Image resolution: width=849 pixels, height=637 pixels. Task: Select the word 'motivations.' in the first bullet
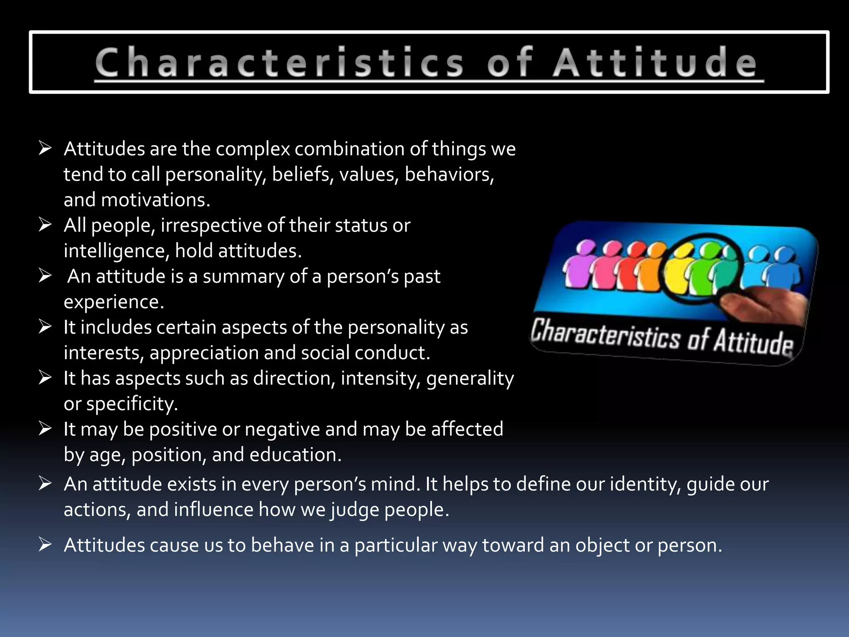[156, 200]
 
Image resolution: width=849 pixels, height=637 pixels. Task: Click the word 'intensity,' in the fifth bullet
[381, 379]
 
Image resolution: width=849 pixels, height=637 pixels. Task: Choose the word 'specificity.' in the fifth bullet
[132, 404]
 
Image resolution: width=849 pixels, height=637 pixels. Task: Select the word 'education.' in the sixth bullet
[296, 455]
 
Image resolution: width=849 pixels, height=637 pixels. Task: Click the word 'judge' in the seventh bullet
[355, 510]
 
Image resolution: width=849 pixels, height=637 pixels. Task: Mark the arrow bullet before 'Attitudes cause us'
[45, 544]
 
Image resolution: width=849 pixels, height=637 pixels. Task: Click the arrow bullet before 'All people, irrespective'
[45, 225]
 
